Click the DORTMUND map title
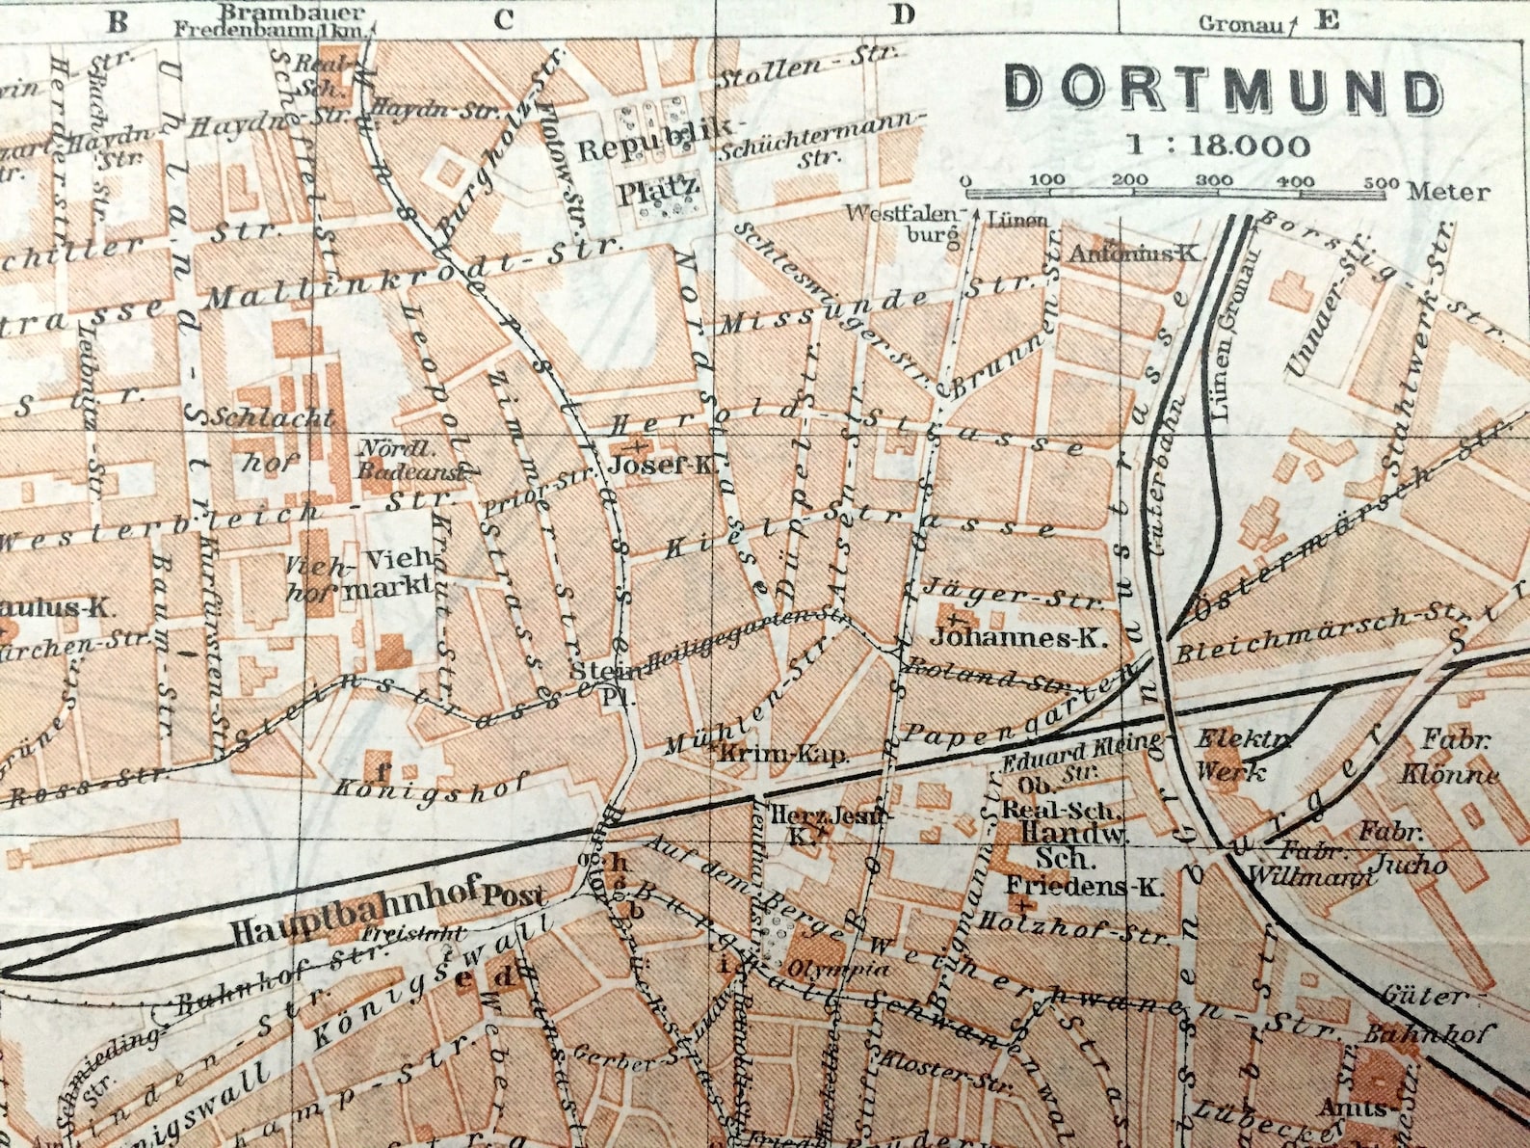1224,90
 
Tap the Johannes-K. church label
1019,637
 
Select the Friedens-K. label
1084,885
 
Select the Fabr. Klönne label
1455,758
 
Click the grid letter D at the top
902,14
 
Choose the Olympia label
838,968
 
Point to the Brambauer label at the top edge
292,13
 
